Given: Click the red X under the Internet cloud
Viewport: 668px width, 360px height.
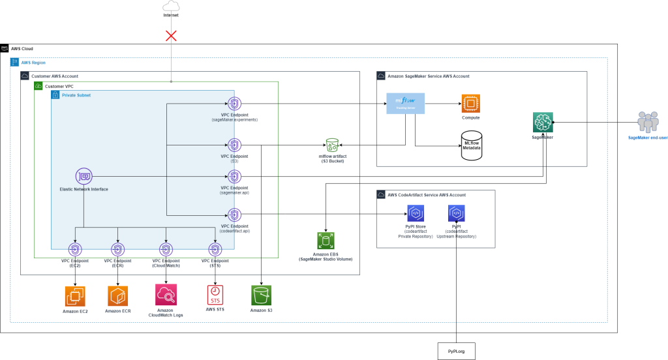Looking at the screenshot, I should pos(171,35).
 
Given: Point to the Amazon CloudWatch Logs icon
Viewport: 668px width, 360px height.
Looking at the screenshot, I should pos(166,295).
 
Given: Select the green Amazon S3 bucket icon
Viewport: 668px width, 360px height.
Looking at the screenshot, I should pos(261,295).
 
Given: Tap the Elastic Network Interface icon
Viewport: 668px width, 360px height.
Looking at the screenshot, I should pos(83,176).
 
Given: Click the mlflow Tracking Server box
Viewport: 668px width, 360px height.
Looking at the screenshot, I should pos(405,103).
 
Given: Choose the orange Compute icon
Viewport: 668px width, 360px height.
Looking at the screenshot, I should pos(470,103).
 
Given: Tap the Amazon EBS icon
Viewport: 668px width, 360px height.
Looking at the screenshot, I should pos(325,241).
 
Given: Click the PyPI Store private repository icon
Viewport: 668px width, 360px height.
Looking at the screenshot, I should pos(416,213).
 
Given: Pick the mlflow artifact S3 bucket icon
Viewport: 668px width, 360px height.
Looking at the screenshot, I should pos(332,145).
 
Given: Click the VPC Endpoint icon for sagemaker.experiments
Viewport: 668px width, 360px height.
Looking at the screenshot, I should pos(234,104).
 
